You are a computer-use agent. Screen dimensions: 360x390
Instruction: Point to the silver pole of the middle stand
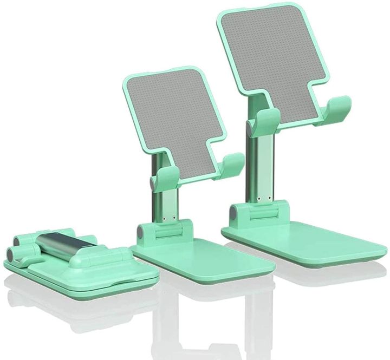165,195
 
